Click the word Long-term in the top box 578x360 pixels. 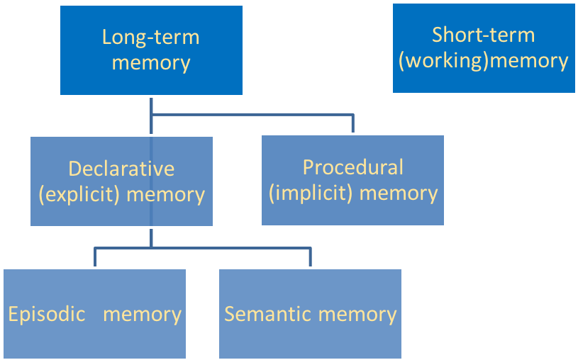pos(150,37)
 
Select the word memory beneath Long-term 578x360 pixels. pos(151,62)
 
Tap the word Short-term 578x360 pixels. pos(483,35)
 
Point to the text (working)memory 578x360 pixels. pos(483,61)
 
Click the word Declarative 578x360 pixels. pos(121,169)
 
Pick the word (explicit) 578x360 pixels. pos(79,194)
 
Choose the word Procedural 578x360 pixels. pos(352,167)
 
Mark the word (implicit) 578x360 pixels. pos(310,193)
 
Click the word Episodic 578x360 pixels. pos(47,314)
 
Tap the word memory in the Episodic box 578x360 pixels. pos(142,314)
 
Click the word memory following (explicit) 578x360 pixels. pos(165,194)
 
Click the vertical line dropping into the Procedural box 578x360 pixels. pos(352,123)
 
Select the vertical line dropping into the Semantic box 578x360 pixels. pos(310,257)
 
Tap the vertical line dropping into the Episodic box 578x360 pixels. pos(95,257)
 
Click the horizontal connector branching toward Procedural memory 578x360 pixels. pos(252,113)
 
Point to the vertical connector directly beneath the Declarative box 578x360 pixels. pos(151,237)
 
